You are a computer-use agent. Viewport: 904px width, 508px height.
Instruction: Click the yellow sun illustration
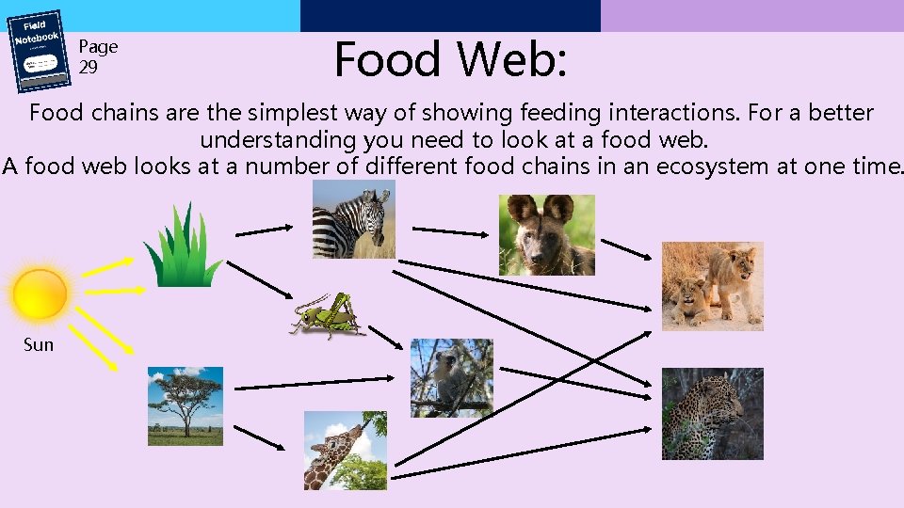[40, 294]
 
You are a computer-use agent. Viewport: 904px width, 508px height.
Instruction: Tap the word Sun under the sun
[39, 345]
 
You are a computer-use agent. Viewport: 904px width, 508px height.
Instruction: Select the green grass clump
[183, 246]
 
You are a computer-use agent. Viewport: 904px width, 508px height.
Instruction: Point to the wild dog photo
[546, 235]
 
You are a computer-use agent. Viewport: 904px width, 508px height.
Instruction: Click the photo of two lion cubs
[712, 286]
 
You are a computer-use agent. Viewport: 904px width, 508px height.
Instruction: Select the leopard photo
[712, 414]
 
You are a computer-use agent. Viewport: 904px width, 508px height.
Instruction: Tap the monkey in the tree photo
[451, 377]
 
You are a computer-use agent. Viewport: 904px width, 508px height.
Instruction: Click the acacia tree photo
[186, 405]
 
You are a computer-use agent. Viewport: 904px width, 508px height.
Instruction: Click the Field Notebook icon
[39, 52]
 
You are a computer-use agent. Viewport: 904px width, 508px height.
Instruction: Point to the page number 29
[88, 68]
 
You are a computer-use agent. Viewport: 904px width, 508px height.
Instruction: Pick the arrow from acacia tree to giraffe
[252, 436]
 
